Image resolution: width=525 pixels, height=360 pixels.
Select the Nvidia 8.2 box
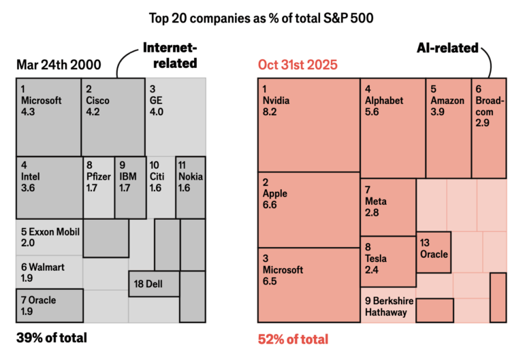tap(308, 125)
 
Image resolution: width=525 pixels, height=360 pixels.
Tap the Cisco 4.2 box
tap(112, 116)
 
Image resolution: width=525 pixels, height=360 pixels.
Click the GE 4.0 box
tap(175, 116)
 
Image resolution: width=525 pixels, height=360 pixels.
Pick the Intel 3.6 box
tap(49, 187)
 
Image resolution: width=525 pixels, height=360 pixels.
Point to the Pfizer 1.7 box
tap(98, 187)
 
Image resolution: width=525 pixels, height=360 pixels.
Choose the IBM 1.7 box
tap(130, 187)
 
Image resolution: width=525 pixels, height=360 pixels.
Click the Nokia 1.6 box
tap(191, 187)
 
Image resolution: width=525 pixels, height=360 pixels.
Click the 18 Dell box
tap(154, 283)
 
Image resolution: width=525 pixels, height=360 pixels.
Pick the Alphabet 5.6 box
tap(393, 127)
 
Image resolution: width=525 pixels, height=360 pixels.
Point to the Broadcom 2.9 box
tap(489, 127)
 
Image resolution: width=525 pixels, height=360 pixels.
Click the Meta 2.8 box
tap(388, 206)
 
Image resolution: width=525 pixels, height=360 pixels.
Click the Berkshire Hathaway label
tap(387, 307)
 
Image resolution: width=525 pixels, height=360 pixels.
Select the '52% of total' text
tap(293, 339)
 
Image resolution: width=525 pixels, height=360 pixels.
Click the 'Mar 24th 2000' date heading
tap(59, 65)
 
